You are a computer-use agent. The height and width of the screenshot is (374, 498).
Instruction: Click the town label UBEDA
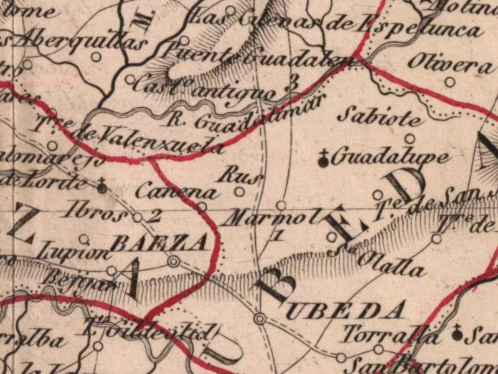[345, 310]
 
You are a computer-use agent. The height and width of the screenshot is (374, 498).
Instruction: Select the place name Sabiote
[382, 116]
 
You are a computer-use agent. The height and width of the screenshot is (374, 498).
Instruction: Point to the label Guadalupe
[388, 156]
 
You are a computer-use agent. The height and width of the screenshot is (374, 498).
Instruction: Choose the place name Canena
[178, 191]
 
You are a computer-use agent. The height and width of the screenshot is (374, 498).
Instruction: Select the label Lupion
[70, 251]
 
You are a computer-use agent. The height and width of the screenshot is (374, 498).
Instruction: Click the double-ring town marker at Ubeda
[260, 319]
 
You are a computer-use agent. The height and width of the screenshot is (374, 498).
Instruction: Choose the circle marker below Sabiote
[410, 138]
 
